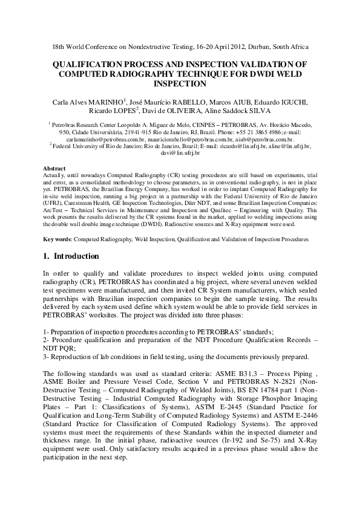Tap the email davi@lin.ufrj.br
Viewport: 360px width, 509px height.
[x=180, y=154]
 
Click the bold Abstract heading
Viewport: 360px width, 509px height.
[x=55, y=169]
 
